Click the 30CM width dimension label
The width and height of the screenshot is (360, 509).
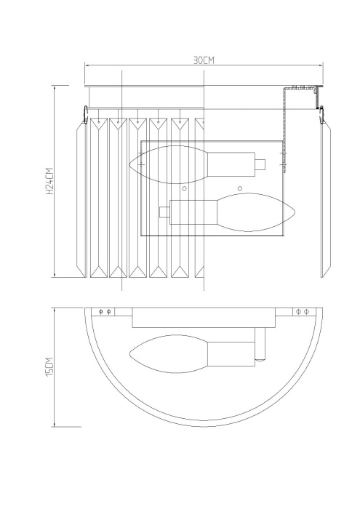(x=204, y=60)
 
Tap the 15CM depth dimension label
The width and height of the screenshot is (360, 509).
(x=49, y=366)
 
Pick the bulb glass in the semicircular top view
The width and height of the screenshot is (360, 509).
(x=167, y=356)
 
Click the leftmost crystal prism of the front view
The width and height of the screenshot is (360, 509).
(x=80, y=196)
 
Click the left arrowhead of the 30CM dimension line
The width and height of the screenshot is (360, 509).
(x=87, y=65)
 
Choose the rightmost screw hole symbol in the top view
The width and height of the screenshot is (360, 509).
(x=306, y=312)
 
